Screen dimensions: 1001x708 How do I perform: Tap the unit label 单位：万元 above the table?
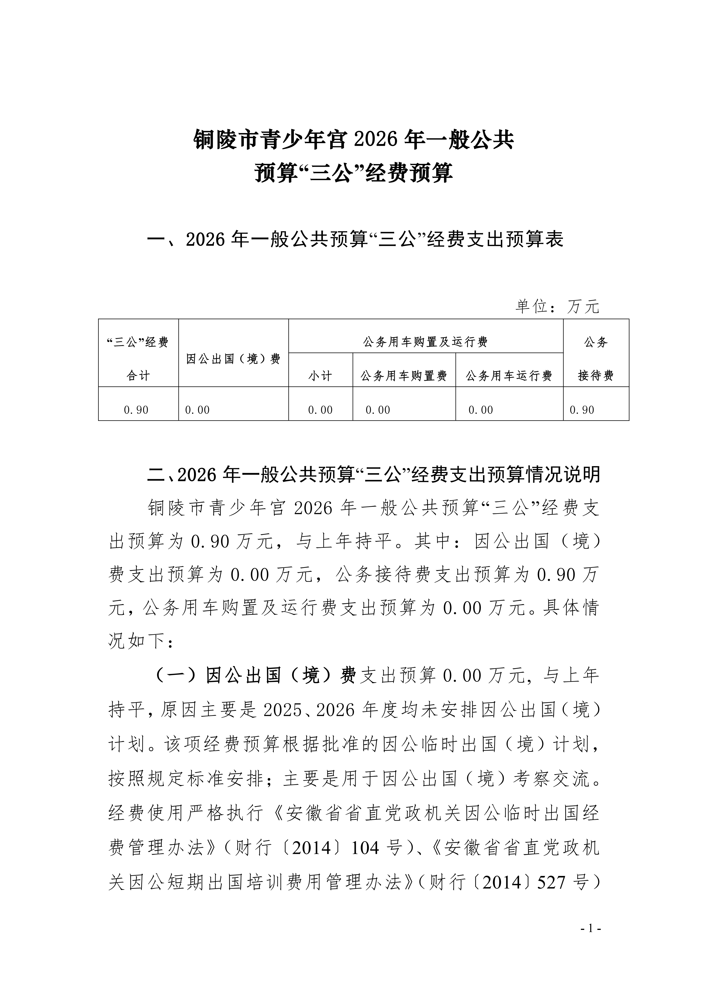click(x=557, y=307)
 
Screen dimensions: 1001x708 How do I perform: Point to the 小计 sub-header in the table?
click(x=320, y=375)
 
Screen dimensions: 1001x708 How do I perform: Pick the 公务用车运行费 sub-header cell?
click(x=509, y=375)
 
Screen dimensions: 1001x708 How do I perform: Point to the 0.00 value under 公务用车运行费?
click(x=480, y=410)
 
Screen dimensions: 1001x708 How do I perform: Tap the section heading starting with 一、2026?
click(x=355, y=239)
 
